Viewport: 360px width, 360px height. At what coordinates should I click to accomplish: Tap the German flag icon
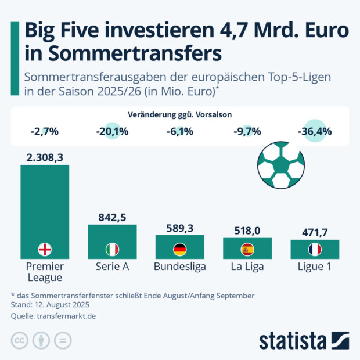click(180, 250)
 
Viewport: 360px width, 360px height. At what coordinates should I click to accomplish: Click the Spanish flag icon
click(247, 250)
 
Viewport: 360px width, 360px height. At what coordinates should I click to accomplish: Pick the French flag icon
click(315, 250)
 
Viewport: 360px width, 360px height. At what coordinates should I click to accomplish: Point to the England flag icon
click(45, 250)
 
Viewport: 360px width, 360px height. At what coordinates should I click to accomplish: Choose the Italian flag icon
click(112, 250)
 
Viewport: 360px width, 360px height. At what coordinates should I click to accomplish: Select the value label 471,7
click(315, 232)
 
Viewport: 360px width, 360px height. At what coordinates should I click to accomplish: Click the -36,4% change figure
click(315, 131)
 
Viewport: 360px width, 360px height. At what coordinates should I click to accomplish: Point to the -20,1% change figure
click(112, 131)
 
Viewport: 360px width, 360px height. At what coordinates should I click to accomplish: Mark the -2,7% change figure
click(45, 131)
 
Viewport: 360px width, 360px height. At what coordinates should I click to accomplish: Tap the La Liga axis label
click(247, 267)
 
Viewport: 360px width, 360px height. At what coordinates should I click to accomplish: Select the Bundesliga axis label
click(180, 267)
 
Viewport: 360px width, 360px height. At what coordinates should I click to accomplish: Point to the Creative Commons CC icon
click(20, 340)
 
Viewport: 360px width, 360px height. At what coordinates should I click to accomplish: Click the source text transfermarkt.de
click(66, 316)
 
